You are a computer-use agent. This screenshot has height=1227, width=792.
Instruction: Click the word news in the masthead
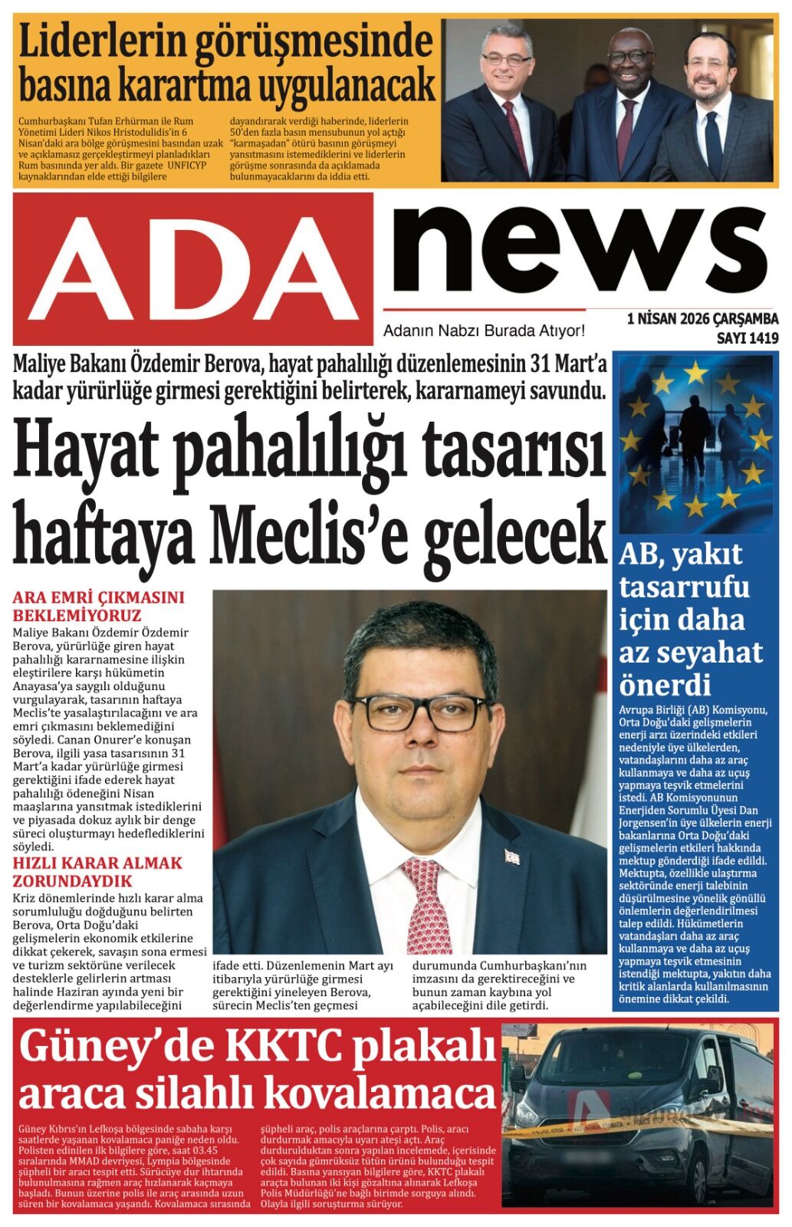pos(580,244)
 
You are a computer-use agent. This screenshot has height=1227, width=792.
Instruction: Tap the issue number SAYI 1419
pos(747,337)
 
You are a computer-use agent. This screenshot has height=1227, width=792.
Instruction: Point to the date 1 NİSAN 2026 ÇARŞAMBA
pos(702,319)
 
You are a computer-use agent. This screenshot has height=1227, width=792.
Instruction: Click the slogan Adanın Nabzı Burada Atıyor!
pos(484,331)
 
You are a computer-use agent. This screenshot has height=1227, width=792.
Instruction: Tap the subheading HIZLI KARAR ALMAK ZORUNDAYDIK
pos(98,871)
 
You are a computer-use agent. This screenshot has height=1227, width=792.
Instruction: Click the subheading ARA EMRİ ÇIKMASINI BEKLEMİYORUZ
pos(99,606)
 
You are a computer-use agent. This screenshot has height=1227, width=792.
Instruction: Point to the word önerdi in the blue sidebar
pos(665,683)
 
